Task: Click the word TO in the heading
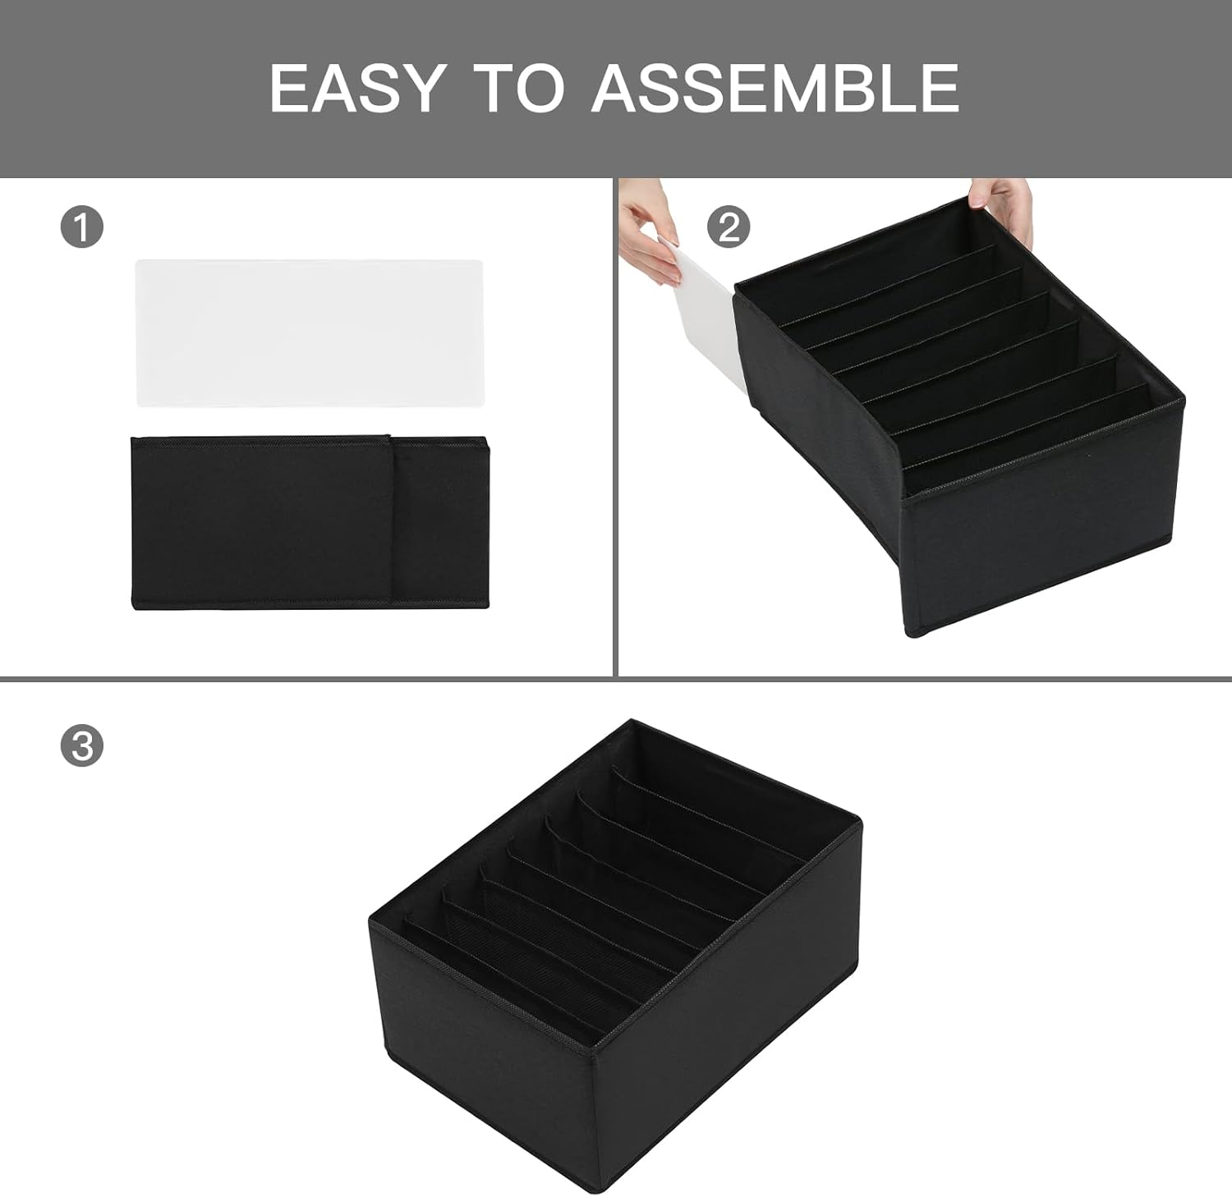pos(520,88)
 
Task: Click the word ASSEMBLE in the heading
pos(775,88)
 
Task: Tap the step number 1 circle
pos(82,226)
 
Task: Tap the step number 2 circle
pos(729,226)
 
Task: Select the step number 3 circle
pos(82,745)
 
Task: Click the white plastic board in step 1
pos(310,332)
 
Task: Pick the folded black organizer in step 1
pos(310,522)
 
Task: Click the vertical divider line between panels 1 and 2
pos(615,427)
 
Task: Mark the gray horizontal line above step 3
pos(615,679)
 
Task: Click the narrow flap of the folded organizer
pos(440,522)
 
